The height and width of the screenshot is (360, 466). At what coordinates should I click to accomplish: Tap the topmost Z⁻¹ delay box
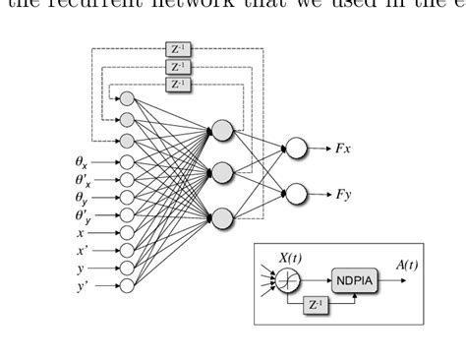pyautogui.click(x=177, y=49)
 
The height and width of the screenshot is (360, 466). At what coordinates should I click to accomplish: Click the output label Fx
pyautogui.click(x=342, y=148)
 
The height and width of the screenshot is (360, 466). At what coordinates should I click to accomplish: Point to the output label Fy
pyautogui.click(x=342, y=194)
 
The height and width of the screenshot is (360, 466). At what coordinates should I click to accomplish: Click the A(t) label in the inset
pyautogui.click(x=403, y=264)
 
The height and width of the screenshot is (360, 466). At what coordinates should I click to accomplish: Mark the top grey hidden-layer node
pyautogui.click(x=222, y=129)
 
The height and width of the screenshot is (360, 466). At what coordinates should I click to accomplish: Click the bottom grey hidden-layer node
pyautogui.click(x=222, y=216)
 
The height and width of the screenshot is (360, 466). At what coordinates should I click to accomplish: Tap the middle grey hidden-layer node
pyautogui.click(x=222, y=173)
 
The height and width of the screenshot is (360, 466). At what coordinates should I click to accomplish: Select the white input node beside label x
pyautogui.click(x=127, y=233)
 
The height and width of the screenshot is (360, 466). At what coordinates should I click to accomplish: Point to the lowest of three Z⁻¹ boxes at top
pyautogui.click(x=177, y=85)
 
